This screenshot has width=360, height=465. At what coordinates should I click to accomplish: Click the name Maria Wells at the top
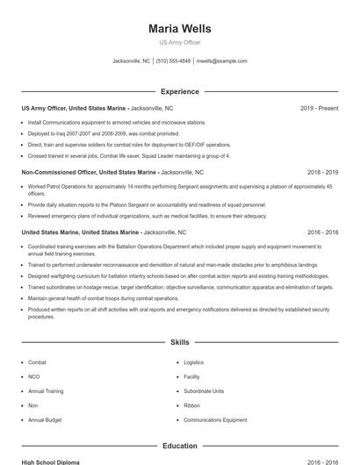179,29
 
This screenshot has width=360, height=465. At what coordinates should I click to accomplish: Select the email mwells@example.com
222,61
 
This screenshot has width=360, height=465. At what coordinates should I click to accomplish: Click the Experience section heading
179,91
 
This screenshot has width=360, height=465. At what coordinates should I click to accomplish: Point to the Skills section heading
179,343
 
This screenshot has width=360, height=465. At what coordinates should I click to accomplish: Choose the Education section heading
179,446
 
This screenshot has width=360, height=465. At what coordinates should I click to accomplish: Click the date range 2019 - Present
319,108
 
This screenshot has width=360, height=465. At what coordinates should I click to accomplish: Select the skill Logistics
193,362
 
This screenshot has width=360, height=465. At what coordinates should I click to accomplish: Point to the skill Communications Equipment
215,420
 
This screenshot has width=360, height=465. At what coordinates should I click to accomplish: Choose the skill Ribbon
191,405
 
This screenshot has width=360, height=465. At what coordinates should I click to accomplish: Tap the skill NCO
34,376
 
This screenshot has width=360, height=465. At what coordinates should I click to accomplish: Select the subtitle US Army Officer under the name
179,43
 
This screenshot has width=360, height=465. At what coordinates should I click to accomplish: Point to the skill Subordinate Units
204,391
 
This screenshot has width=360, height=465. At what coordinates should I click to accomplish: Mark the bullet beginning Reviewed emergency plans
148,216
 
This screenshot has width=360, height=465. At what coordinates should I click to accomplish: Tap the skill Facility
191,376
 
